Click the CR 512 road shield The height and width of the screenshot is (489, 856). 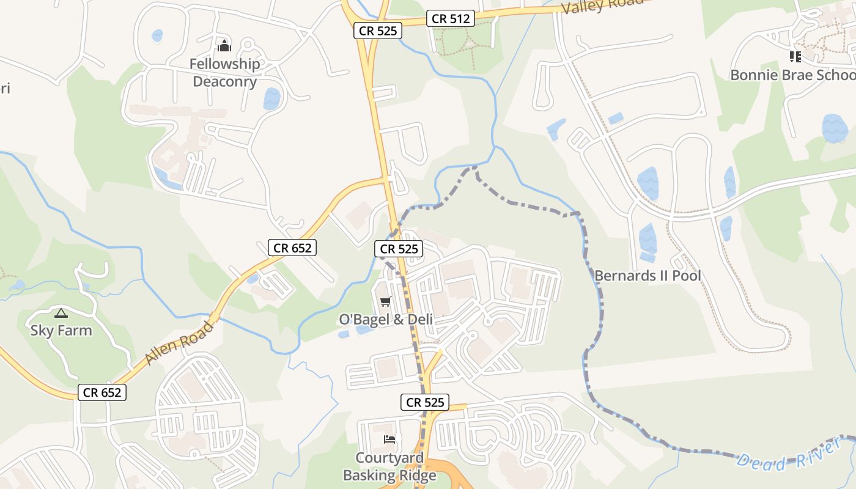(451, 19)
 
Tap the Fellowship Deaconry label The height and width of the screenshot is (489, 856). (224, 72)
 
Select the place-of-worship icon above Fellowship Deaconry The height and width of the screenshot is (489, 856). (224, 46)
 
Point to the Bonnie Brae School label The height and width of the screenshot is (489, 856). (793, 75)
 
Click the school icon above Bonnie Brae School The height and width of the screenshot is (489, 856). (795, 57)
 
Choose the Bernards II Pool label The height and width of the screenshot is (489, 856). (648, 276)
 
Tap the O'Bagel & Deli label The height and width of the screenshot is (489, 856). (386, 319)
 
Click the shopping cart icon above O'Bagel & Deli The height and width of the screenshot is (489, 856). (385, 301)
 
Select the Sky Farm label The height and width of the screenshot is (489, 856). (61, 331)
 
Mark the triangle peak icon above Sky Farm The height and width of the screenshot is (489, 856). (60, 314)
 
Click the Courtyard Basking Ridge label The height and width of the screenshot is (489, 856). (389, 466)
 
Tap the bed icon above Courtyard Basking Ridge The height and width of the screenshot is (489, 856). (389, 439)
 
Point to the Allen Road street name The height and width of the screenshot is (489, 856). (180, 343)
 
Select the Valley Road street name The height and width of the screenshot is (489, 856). (602, 6)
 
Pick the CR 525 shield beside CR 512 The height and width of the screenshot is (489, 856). (378, 31)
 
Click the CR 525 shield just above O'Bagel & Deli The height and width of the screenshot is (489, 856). (399, 249)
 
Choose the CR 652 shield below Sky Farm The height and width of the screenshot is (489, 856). (102, 392)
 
